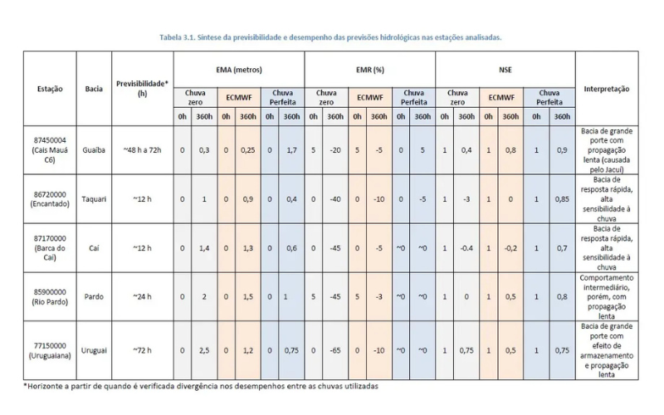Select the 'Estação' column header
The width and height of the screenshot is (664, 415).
(48, 88)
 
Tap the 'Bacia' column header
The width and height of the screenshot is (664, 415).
(93, 88)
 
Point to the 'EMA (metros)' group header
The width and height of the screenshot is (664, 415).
(238, 69)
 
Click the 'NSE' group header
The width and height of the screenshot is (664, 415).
(505, 69)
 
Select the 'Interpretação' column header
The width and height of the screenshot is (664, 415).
(606, 88)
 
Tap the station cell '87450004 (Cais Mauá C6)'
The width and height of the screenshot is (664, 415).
(48, 150)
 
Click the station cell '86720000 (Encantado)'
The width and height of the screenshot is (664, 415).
(48, 198)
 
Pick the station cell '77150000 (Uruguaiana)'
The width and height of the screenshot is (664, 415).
(48, 350)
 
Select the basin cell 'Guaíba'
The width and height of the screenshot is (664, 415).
(93, 150)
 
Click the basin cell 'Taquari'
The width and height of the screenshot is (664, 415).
(93, 198)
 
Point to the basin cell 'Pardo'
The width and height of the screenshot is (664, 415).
(93, 296)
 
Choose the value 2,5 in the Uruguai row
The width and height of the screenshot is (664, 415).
(204, 350)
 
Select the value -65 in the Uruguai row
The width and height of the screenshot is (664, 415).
(336, 350)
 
